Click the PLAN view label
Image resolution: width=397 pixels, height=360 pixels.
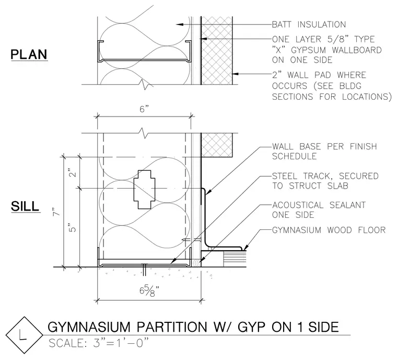coord(29,54)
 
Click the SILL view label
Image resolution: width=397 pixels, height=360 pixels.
coord(25,206)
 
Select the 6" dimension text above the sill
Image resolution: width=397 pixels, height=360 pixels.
coord(144,109)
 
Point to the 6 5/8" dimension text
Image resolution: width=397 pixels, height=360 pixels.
coord(149,291)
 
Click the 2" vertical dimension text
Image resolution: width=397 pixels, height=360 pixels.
coord(73,172)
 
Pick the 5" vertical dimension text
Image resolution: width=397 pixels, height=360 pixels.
coord(73,228)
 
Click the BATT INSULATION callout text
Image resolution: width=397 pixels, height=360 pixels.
coord(309,25)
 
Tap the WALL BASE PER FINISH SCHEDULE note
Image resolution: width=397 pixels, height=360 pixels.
coord(324,151)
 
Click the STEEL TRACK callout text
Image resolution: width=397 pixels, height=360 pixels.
coord(325,181)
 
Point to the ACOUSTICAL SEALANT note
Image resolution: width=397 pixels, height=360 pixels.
coord(319,210)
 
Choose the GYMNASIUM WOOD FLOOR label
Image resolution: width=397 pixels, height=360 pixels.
coord(329,230)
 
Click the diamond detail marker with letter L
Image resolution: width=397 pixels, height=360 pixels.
coord(25,335)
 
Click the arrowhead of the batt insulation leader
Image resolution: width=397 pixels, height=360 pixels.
coord(179,25)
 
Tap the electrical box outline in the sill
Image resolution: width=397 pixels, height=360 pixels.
coord(144,189)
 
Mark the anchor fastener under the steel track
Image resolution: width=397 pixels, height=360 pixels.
coord(144,270)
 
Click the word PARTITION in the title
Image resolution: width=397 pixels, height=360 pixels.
coord(172,327)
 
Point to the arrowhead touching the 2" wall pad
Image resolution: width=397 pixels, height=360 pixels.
coord(236,74)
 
